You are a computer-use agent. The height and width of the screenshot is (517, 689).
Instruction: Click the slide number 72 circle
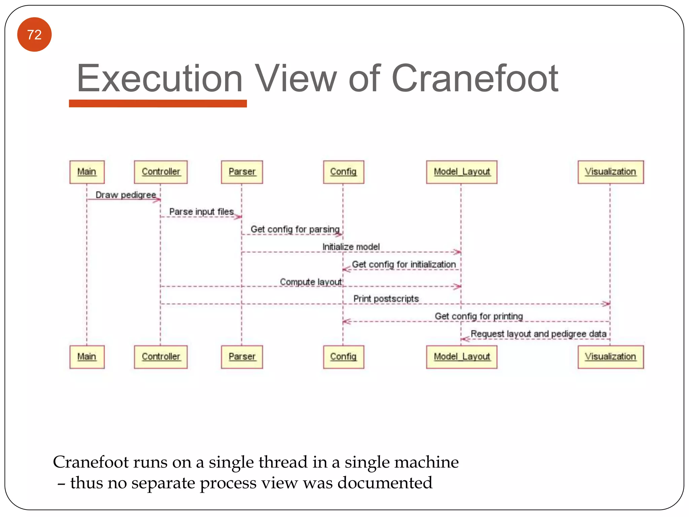[x=34, y=35]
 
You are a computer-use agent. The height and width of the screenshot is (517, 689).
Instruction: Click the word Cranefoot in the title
[x=475, y=79]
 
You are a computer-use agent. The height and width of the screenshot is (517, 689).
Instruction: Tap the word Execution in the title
[x=160, y=79]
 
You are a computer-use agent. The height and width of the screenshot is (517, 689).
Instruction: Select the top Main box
[x=87, y=172]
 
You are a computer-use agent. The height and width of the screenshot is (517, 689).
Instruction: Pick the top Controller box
[x=161, y=172]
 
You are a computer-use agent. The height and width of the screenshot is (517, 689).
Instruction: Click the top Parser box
[x=242, y=172]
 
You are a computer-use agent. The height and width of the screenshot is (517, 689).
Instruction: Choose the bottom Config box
[x=343, y=357]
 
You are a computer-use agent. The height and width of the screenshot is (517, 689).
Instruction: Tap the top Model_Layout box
[x=462, y=172]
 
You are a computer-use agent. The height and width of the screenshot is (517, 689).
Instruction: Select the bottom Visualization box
[x=611, y=357]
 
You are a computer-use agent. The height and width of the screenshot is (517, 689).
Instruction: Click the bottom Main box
[x=87, y=357]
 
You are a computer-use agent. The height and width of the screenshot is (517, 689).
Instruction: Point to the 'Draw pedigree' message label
[x=126, y=195]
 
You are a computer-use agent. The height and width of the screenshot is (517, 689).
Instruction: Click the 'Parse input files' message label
[x=201, y=212]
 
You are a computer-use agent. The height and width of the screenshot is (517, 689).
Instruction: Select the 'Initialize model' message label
[x=351, y=247]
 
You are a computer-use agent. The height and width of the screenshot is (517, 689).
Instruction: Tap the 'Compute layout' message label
[x=311, y=282]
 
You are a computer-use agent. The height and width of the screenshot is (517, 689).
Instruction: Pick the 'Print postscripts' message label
[x=386, y=299]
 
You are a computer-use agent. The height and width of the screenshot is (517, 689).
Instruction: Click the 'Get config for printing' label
[x=479, y=316]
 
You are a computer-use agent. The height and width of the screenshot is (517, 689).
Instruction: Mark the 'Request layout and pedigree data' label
[x=538, y=334]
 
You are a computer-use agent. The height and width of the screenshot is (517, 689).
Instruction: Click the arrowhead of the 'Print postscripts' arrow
[x=606, y=304]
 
